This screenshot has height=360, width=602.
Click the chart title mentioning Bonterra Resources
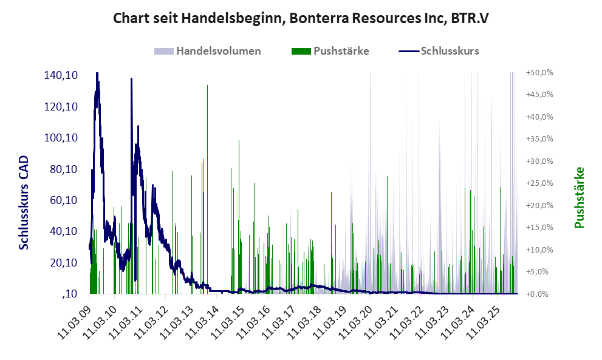[x=301, y=18]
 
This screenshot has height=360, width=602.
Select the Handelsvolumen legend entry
[x=218, y=51]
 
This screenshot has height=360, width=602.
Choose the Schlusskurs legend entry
[x=450, y=51]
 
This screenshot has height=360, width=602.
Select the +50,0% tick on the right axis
[x=539, y=72]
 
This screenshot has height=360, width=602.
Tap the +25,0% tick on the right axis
[x=539, y=183]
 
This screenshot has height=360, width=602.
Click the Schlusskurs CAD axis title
[x=24, y=203]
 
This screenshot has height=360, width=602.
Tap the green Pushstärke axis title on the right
[x=579, y=197]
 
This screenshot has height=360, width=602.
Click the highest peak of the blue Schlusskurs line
[x=97, y=74]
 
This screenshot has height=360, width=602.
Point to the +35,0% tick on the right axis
[x=539, y=139]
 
